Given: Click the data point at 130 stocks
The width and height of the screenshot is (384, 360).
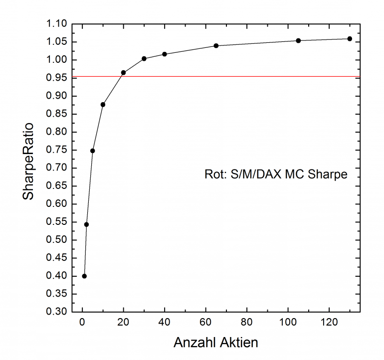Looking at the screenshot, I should [x=350, y=39].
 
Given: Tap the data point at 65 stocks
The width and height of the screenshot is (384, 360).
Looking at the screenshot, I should [x=216, y=45].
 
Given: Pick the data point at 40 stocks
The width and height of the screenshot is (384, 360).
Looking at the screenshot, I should [x=165, y=54].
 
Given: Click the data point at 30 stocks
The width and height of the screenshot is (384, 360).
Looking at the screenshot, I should [x=144, y=58].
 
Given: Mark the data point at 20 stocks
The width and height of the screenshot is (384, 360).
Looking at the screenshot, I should [x=123, y=72].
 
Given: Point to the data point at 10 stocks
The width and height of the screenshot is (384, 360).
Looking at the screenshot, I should [x=103, y=104].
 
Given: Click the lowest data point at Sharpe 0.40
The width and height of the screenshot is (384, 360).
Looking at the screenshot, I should [x=84, y=276].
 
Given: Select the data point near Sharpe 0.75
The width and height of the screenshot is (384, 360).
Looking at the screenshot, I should [x=92, y=151].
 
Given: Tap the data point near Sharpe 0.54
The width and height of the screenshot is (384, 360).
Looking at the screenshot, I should [x=86, y=224].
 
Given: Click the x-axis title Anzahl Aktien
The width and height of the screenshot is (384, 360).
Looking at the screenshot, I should [x=215, y=343].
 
